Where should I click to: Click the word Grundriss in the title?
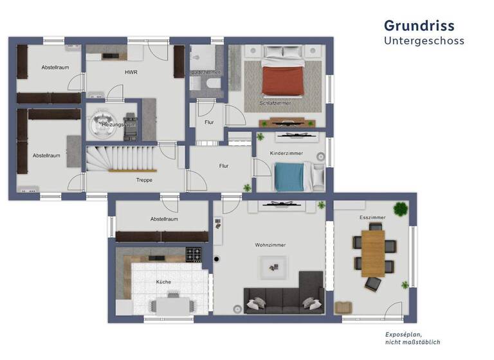tap(419, 26)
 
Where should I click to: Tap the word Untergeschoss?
tap(424, 40)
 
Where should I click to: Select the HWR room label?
tap(131, 72)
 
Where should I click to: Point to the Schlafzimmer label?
tap(275, 103)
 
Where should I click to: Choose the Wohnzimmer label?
tap(270, 245)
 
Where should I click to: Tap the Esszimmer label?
tap(372, 218)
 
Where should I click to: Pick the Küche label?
tap(163, 282)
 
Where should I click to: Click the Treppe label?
tap(144, 180)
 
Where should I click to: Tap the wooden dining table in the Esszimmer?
tap(372, 253)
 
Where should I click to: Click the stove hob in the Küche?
tap(194, 255)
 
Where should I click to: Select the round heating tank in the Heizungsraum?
tap(102, 122)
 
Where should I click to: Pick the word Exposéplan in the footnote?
tap(403, 334)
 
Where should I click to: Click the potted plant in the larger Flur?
tap(247, 188)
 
